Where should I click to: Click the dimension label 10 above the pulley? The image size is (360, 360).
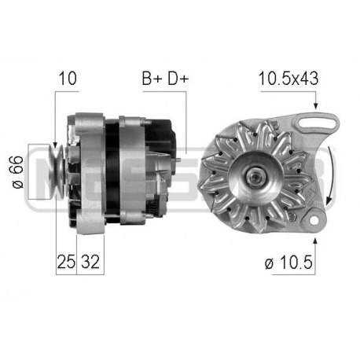(x=68, y=78)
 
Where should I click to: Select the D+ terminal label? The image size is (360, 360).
(x=178, y=78)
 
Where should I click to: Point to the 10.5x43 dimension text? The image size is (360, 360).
(x=288, y=78)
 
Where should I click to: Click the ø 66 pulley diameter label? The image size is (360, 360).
(x=18, y=172)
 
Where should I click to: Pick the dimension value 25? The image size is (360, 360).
(x=66, y=262)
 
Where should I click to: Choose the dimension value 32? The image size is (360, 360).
(x=90, y=262)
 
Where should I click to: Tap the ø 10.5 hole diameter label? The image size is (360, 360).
(x=288, y=263)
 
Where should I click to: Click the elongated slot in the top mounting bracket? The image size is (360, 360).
(x=318, y=123)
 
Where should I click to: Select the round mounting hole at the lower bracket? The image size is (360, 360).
(x=314, y=219)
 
